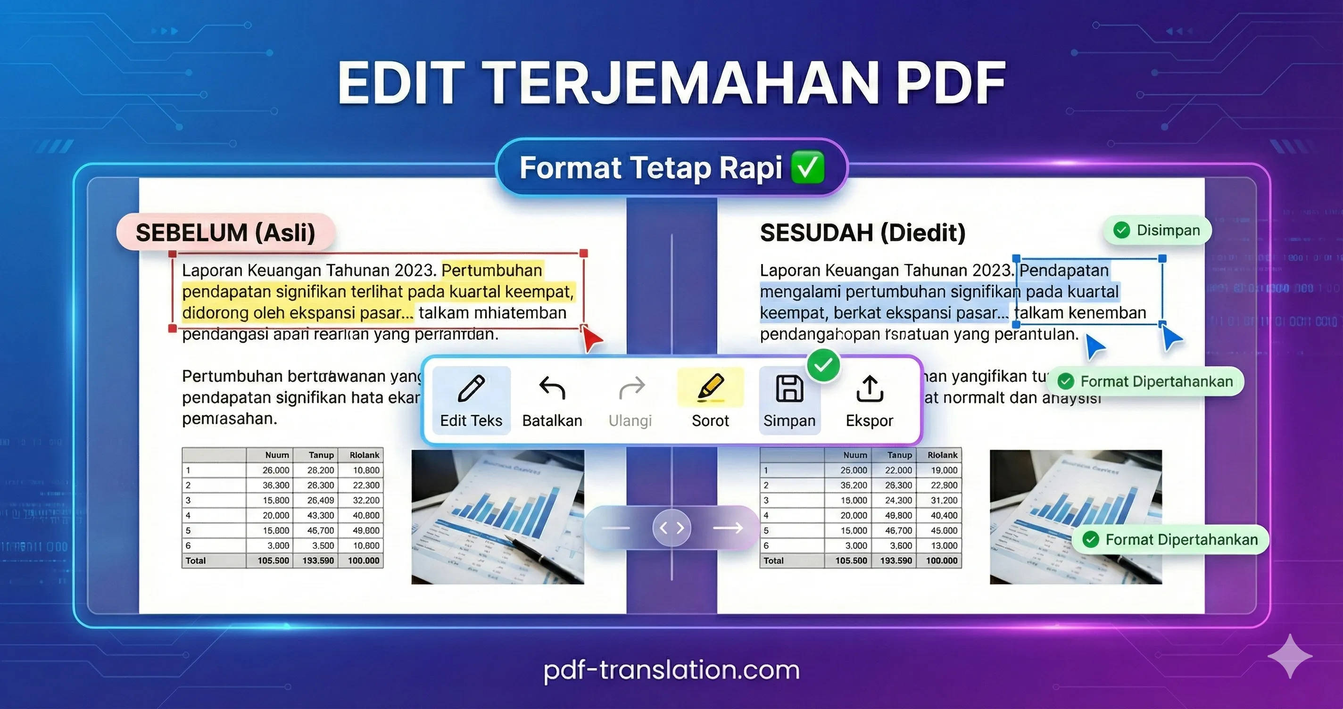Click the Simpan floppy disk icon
[x=789, y=389]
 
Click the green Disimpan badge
[x=1157, y=231]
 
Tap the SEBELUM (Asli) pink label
[x=225, y=232]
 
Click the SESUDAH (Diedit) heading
[x=862, y=232]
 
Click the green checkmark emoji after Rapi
[x=808, y=168]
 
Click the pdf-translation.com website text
[x=671, y=670]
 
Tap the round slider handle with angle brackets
[x=671, y=528]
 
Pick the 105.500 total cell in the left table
[x=273, y=561]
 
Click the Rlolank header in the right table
[x=942, y=455]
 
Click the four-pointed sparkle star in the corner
[x=1290, y=656]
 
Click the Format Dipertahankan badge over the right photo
[x=1170, y=540]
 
